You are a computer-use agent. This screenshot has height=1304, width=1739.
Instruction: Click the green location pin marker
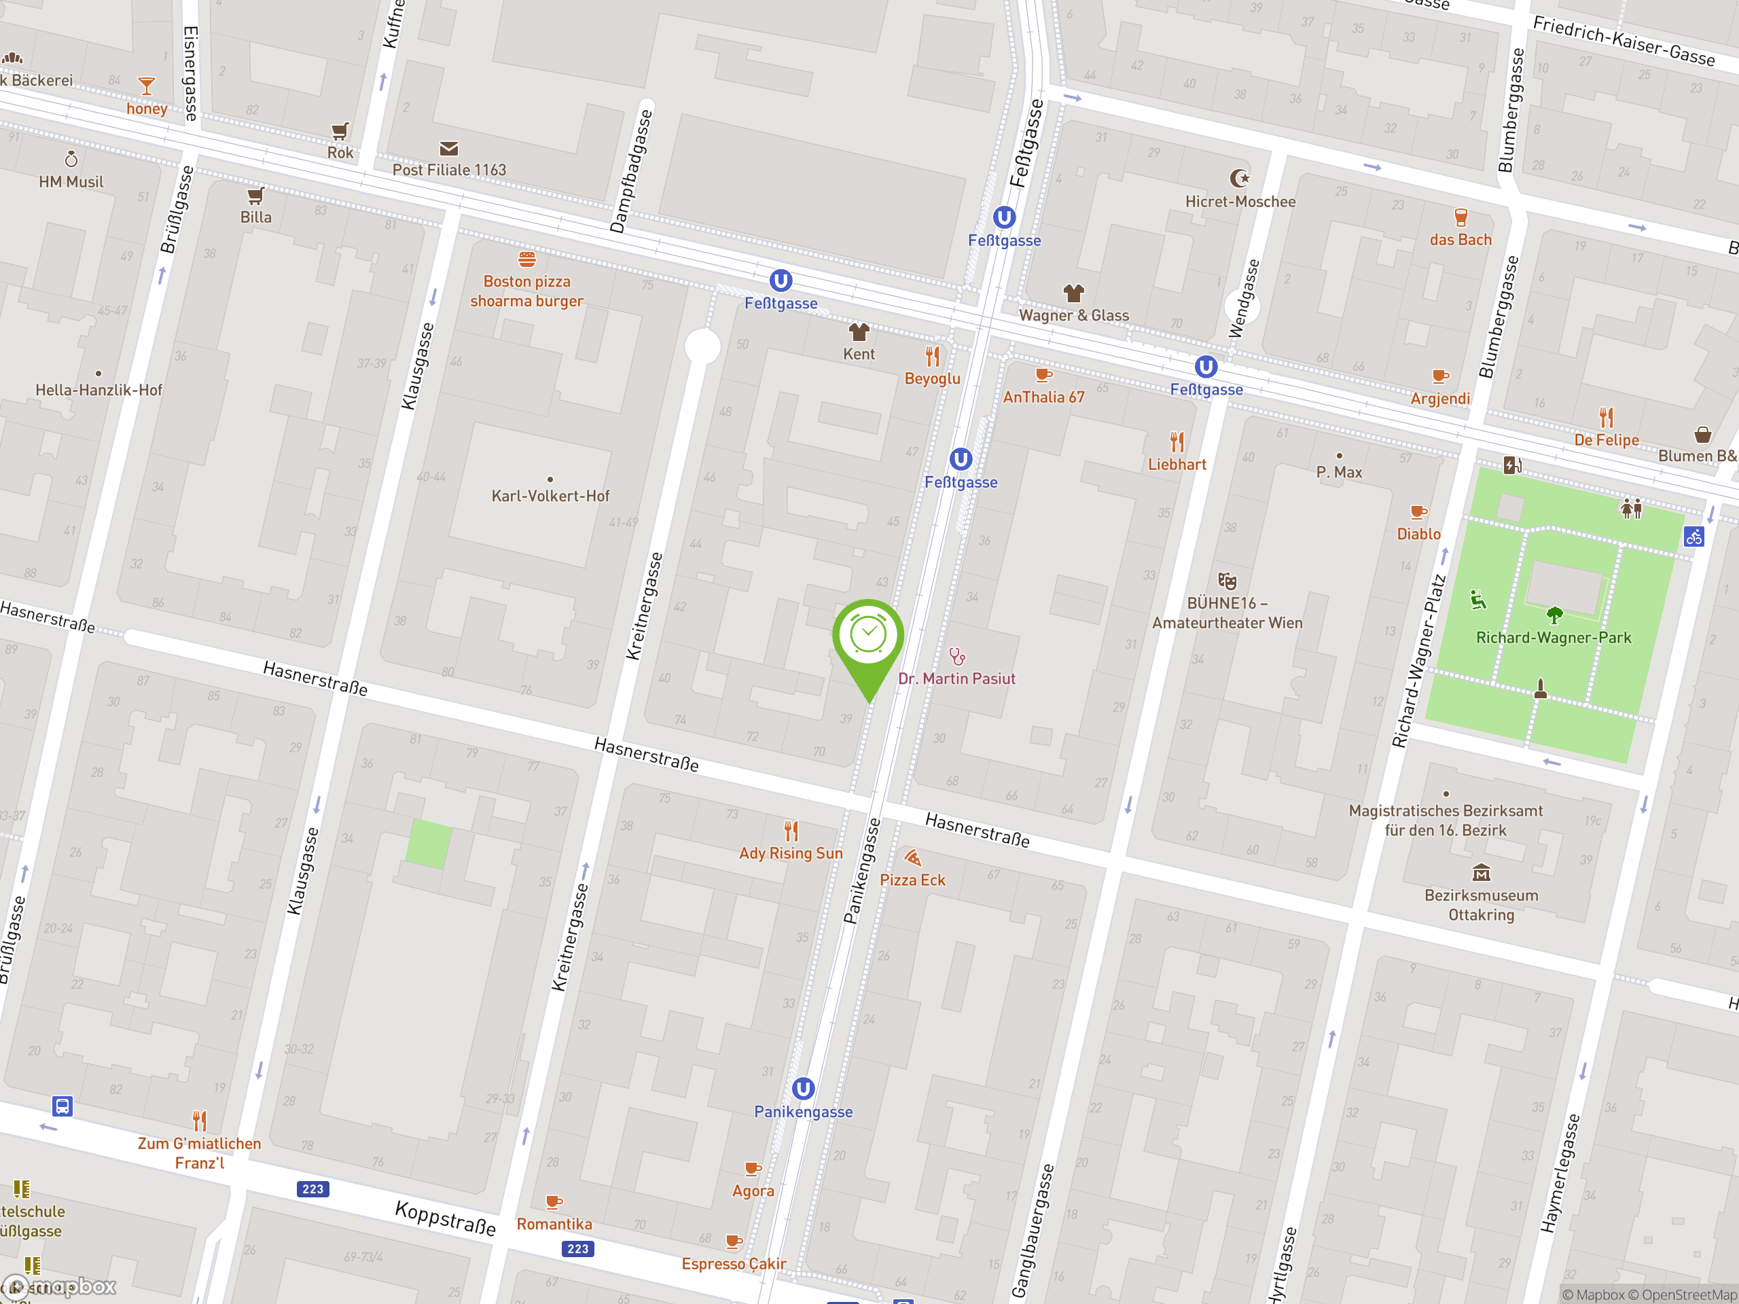click(x=868, y=636)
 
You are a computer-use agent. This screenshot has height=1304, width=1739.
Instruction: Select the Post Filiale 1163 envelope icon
click(x=449, y=149)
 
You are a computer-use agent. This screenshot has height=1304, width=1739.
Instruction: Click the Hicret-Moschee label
click(x=1240, y=202)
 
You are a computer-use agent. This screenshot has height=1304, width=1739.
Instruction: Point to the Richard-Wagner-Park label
click(x=1553, y=638)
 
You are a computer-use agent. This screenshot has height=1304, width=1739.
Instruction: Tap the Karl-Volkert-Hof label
click(x=550, y=496)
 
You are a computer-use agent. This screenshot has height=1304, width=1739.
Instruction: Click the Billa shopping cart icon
click(x=255, y=195)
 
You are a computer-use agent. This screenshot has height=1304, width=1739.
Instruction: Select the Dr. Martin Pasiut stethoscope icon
click(x=956, y=656)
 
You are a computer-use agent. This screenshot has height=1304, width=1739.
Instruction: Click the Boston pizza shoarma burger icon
click(x=526, y=259)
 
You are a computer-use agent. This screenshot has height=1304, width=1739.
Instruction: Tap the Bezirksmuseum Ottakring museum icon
click(x=1481, y=873)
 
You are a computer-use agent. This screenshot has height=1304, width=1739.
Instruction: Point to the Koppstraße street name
click(x=445, y=1218)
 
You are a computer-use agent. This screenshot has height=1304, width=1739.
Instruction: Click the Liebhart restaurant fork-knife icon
click(x=1176, y=441)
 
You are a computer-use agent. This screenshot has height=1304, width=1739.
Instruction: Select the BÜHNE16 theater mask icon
click(x=1226, y=581)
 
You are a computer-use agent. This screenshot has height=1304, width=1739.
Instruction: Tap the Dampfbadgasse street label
click(x=630, y=171)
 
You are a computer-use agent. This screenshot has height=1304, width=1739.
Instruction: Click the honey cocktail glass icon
click(x=146, y=85)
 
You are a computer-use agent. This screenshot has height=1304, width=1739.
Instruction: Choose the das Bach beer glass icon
click(x=1460, y=217)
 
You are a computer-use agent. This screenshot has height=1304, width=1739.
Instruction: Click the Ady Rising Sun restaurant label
click(x=790, y=854)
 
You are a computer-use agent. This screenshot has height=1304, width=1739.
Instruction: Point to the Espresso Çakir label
click(x=734, y=1264)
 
